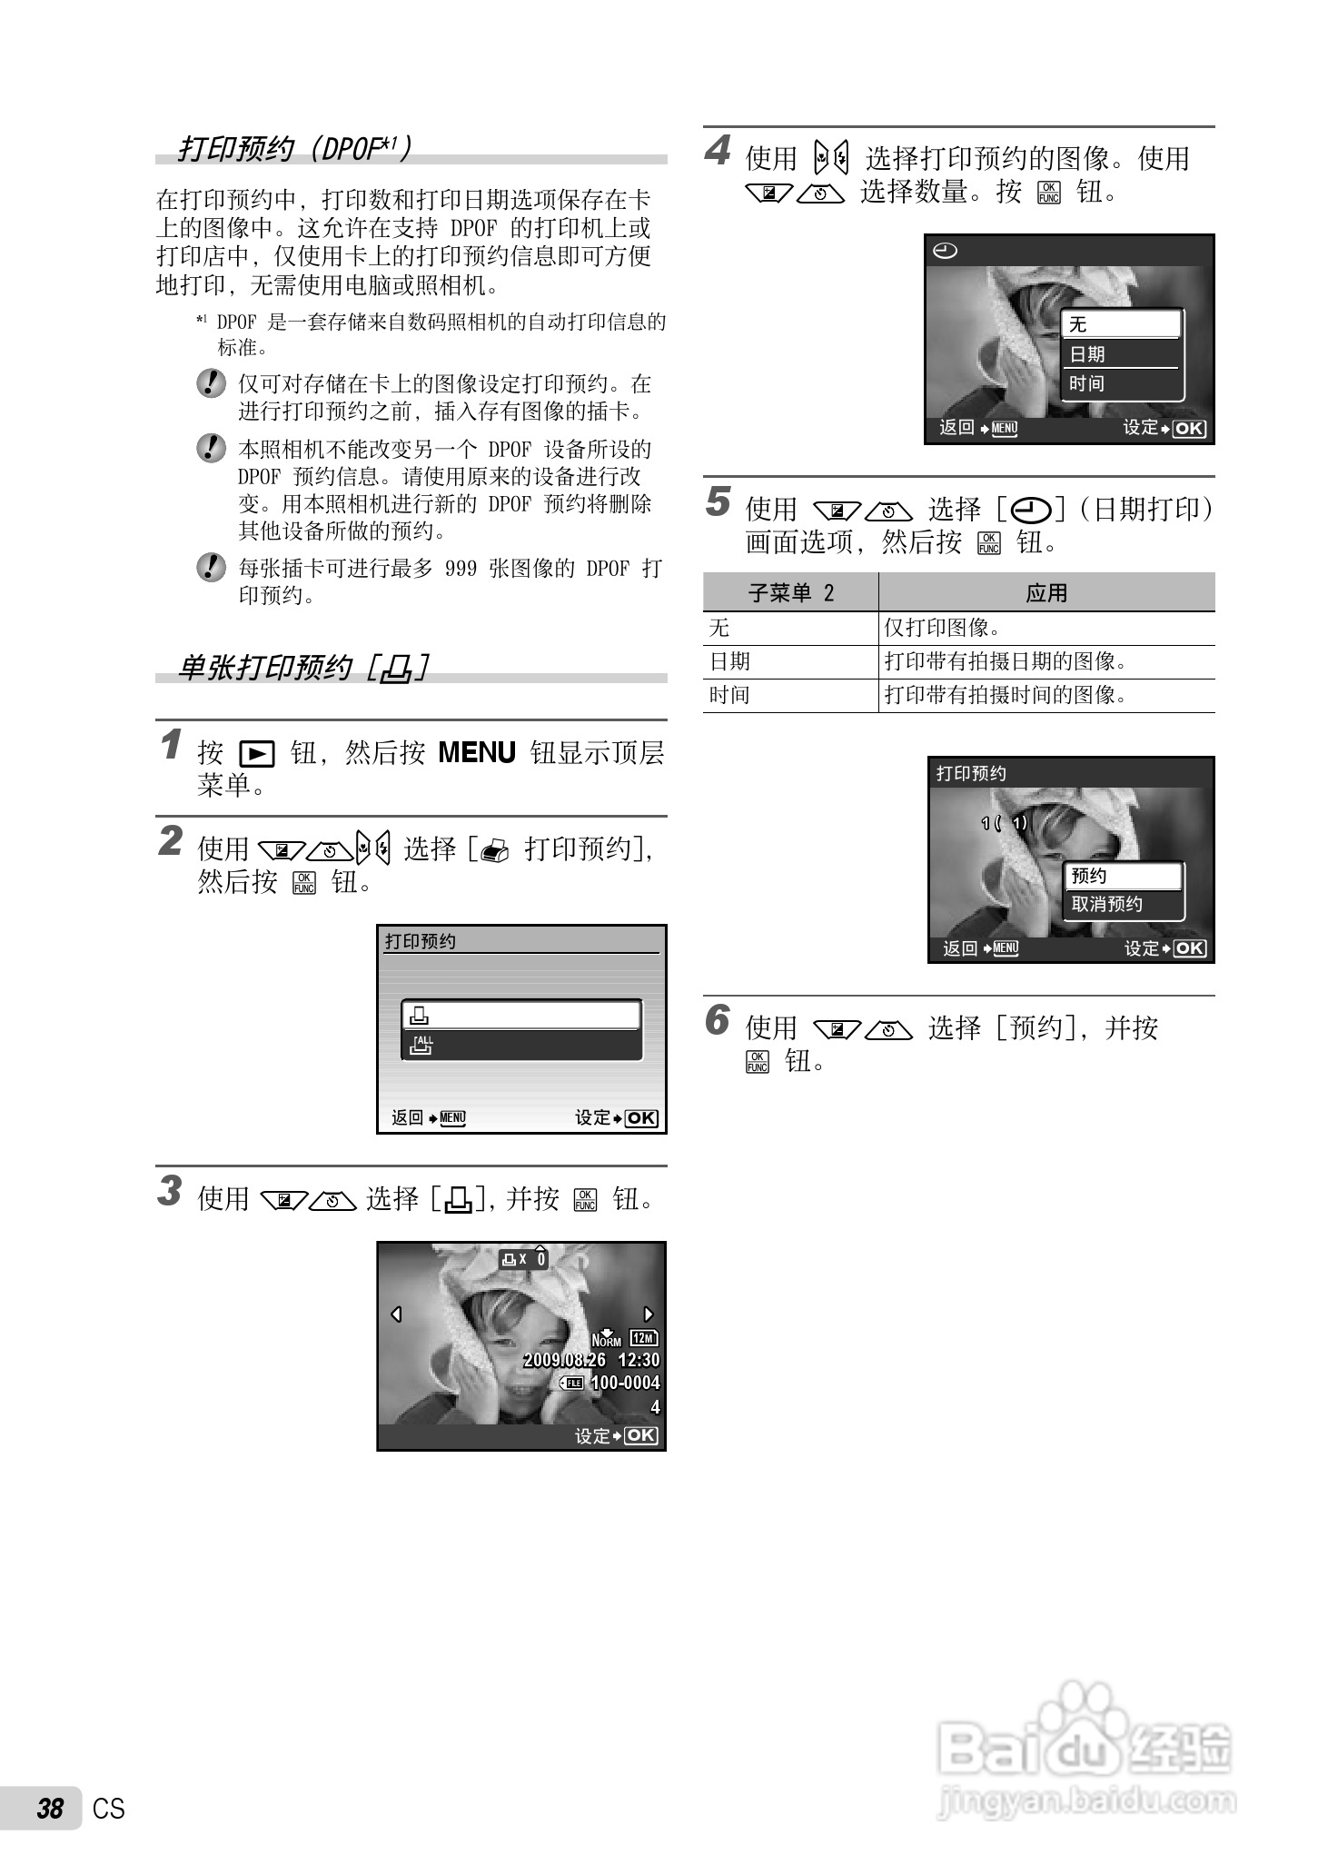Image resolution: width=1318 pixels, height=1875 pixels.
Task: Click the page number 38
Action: point(50,1808)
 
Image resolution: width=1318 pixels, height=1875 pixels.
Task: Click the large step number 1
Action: point(170,745)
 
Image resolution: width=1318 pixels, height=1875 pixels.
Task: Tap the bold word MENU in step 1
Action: point(476,752)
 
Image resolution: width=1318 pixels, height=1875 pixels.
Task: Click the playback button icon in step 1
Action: point(256,754)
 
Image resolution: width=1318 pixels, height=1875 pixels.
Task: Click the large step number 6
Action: point(718,1020)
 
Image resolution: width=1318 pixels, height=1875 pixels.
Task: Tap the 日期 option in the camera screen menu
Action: point(1087,354)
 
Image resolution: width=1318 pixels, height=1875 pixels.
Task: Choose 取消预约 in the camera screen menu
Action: point(1106,904)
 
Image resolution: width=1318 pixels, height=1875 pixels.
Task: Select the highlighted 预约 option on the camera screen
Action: point(1089,876)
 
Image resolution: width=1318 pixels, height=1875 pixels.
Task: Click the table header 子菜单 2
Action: point(790,593)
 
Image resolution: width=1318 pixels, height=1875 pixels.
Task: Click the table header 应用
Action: point(1046,593)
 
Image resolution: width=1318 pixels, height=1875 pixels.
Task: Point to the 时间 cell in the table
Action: point(729,696)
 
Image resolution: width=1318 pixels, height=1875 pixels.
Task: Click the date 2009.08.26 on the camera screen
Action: point(565,1360)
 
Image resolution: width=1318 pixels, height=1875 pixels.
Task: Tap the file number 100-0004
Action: point(625,1383)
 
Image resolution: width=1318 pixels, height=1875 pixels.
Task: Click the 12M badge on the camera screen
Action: point(643,1338)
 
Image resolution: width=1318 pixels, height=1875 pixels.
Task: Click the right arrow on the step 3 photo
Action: point(649,1314)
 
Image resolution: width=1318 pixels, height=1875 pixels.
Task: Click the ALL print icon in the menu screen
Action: point(422,1045)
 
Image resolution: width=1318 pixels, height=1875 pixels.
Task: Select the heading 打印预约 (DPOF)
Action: point(295,148)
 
